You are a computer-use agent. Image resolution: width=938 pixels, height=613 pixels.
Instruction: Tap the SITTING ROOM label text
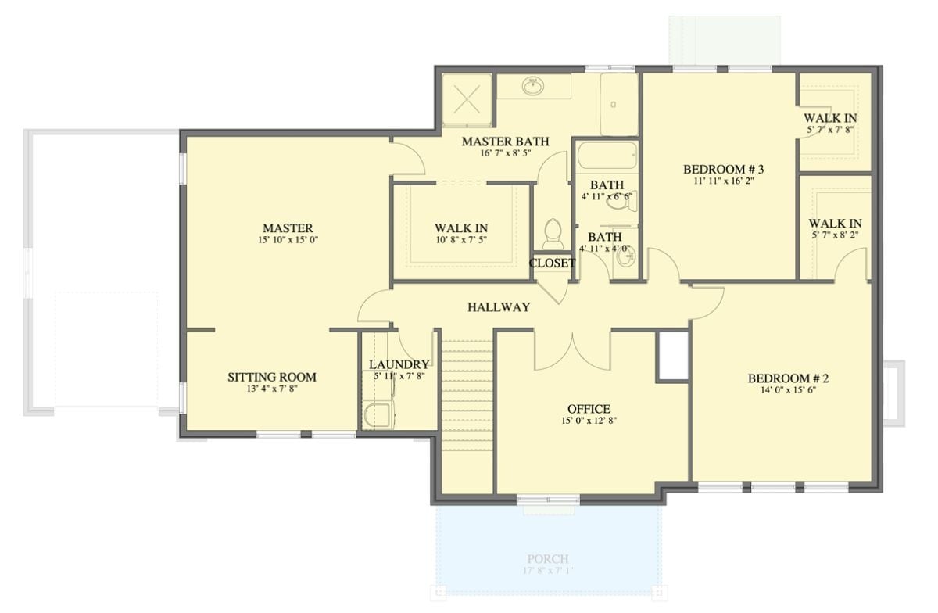pyautogui.click(x=271, y=377)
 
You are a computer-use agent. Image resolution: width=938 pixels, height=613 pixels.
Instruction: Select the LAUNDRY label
pyautogui.click(x=399, y=364)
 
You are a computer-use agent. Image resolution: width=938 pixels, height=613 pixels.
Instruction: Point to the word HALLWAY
pyautogui.click(x=499, y=307)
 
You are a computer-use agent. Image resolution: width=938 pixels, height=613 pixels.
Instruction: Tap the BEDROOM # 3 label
pyautogui.click(x=723, y=169)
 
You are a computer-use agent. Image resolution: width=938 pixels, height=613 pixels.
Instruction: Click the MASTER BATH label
pyautogui.click(x=504, y=142)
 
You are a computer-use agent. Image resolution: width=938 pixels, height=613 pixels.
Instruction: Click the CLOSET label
pyautogui.click(x=552, y=263)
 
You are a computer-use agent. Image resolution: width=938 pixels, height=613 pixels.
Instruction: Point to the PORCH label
pyautogui.click(x=547, y=559)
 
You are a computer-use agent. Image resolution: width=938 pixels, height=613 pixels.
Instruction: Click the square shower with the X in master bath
pyautogui.click(x=467, y=100)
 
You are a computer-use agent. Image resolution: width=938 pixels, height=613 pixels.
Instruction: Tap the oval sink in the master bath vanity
pyautogui.click(x=534, y=85)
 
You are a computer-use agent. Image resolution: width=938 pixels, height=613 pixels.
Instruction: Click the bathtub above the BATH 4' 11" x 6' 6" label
pyautogui.click(x=607, y=156)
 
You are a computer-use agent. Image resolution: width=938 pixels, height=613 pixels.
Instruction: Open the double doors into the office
pyautogui.click(x=572, y=350)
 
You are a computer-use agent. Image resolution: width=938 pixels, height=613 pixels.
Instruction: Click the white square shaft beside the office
pyautogui.click(x=673, y=356)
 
